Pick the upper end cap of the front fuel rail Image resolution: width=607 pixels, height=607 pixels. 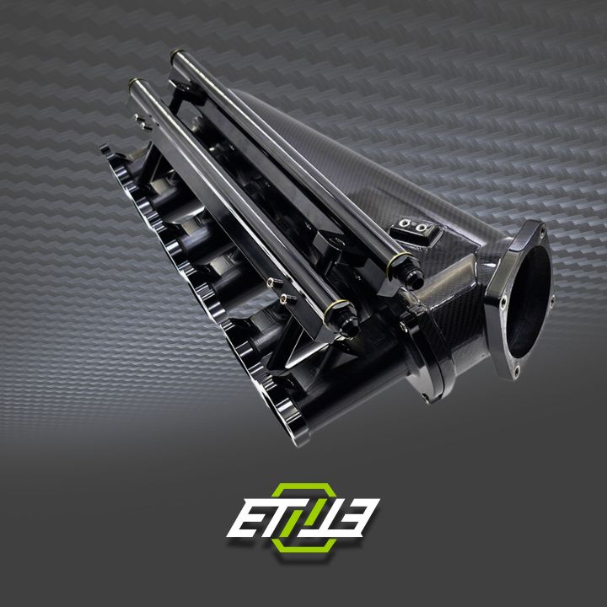(x=135, y=85)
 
